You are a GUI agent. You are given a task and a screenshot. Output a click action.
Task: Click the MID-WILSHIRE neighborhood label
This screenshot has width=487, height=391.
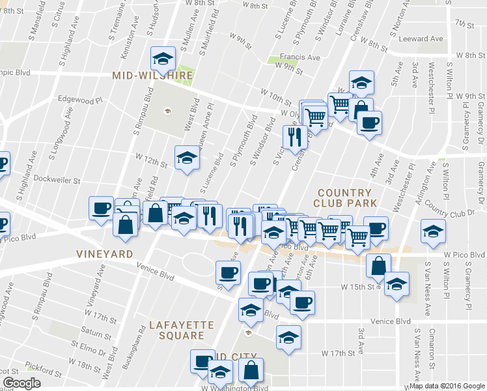(x=152, y=76)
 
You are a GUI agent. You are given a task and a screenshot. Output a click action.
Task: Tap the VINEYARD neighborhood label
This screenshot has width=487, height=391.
(x=104, y=253)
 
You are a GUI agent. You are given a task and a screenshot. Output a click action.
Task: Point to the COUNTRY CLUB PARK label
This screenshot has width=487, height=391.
(x=345, y=198)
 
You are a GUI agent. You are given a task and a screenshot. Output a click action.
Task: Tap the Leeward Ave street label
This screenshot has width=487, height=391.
(x=424, y=39)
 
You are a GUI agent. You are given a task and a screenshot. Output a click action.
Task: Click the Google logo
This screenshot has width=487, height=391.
(x=21, y=383)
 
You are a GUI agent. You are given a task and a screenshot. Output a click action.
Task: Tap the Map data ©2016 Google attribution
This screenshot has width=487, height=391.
(x=447, y=386)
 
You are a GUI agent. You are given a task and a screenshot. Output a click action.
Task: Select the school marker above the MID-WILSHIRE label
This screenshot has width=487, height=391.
(x=161, y=59)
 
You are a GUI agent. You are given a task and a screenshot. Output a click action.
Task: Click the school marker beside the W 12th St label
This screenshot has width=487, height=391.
(x=187, y=158)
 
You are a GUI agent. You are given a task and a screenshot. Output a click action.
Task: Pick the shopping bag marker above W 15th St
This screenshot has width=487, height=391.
(x=378, y=265)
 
